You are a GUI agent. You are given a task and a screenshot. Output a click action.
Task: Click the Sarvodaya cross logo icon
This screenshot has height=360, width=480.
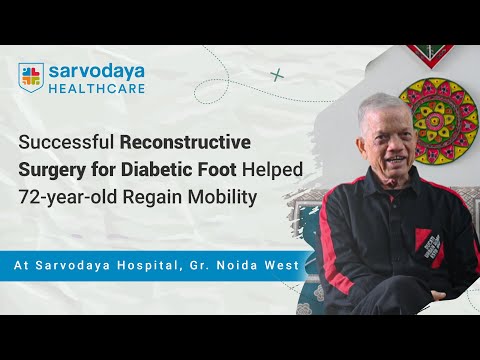click(31, 77)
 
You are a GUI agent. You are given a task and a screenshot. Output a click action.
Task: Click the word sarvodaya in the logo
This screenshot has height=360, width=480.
click(95, 71)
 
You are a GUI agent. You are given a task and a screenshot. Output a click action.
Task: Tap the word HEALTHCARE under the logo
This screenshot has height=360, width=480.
click(98, 88)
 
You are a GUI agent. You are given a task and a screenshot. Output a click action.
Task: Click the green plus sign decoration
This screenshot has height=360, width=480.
click(277, 74)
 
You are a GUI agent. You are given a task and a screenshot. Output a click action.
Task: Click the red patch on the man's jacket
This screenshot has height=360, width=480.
click(425, 241)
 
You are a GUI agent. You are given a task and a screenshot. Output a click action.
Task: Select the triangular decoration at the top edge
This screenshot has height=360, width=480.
click(430, 53)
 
